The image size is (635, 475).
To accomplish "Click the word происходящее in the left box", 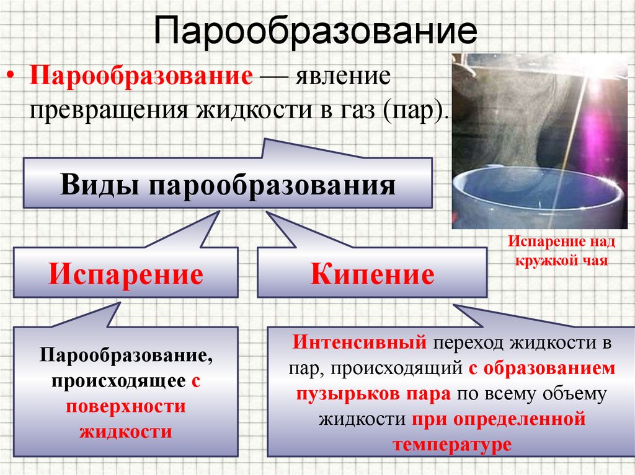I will pyautogui.click(x=118, y=381).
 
